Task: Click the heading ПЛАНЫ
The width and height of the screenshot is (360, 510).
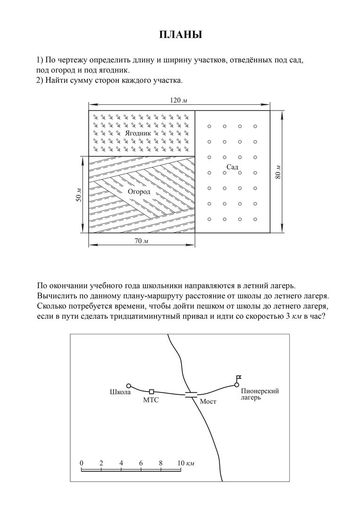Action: pos(180,35)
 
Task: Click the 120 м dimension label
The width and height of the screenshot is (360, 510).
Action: pos(179,100)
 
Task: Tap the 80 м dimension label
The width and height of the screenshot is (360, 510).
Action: pos(278,172)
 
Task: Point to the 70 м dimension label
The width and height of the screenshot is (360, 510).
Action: pos(142,241)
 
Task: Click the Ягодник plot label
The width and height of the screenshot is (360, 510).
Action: pos(138,133)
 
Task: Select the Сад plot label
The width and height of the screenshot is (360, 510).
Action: pos(232,167)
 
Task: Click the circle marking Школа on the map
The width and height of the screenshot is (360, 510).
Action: pos(128,386)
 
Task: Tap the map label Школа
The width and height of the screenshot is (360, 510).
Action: pos(120,392)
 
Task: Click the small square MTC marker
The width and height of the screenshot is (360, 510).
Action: pos(151,391)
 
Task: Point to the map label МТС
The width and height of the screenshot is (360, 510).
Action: pos(151,400)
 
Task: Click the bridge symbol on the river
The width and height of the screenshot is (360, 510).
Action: pos(191,395)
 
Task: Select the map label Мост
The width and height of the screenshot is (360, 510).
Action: pos(208,402)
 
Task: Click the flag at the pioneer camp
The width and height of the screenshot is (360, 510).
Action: pos(239,378)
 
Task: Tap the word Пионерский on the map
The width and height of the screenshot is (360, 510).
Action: pos(260,391)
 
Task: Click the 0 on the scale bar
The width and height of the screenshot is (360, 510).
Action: pos(82,463)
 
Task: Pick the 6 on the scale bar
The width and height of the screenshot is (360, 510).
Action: pos(141,463)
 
